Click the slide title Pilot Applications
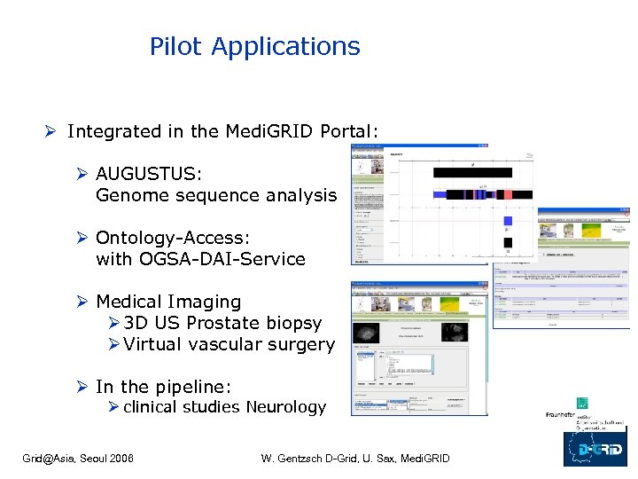(x=254, y=46)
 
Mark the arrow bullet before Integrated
(x=52, y=132)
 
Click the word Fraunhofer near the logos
(x=560, y=415)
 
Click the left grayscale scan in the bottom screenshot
(x=367, y=334)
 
